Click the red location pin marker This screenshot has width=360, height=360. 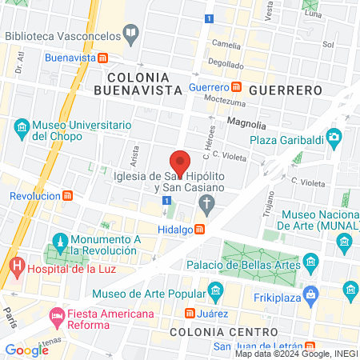coord(180,162)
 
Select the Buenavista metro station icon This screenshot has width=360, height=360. coord(103,58)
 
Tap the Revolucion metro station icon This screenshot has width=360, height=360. coord(69,195)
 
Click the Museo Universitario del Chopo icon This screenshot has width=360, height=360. coord(22,127)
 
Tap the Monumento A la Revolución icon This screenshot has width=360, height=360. coord(59,240)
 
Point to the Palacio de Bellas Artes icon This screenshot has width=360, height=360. coord(310,263)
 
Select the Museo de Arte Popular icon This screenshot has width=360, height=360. coord(214,290)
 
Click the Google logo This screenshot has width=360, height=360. coord(26,350)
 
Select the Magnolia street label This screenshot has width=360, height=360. coord(246,122)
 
